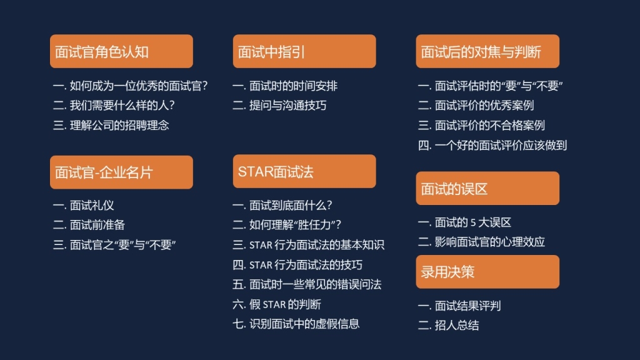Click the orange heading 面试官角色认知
[121, 51]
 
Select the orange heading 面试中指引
[304, 51]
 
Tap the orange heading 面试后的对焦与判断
[487, 51]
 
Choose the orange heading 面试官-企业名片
[121, 172]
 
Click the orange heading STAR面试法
[304, 171]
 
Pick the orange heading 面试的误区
[487, 188]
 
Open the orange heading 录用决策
[487, 272]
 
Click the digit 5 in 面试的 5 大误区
[473, 223]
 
